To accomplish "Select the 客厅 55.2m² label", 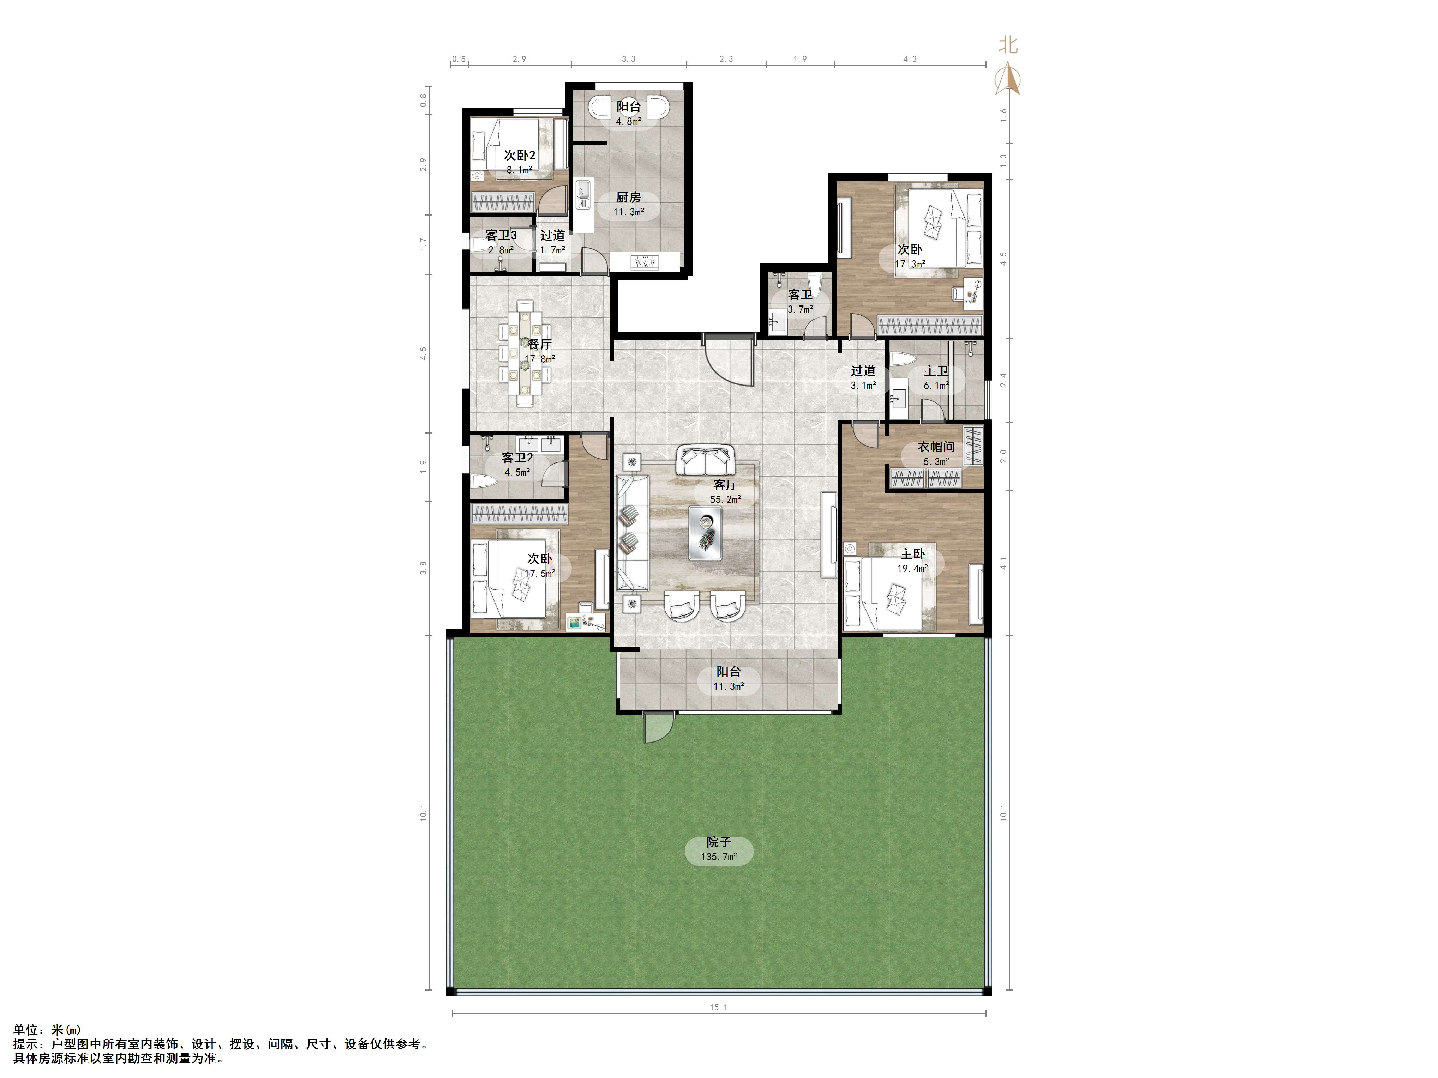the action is point(725,492).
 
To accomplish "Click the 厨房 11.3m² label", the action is point(629,204).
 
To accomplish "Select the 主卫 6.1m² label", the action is point(936,377).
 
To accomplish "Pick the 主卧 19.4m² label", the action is point(912,561).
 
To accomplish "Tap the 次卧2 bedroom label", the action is point(520,156).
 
